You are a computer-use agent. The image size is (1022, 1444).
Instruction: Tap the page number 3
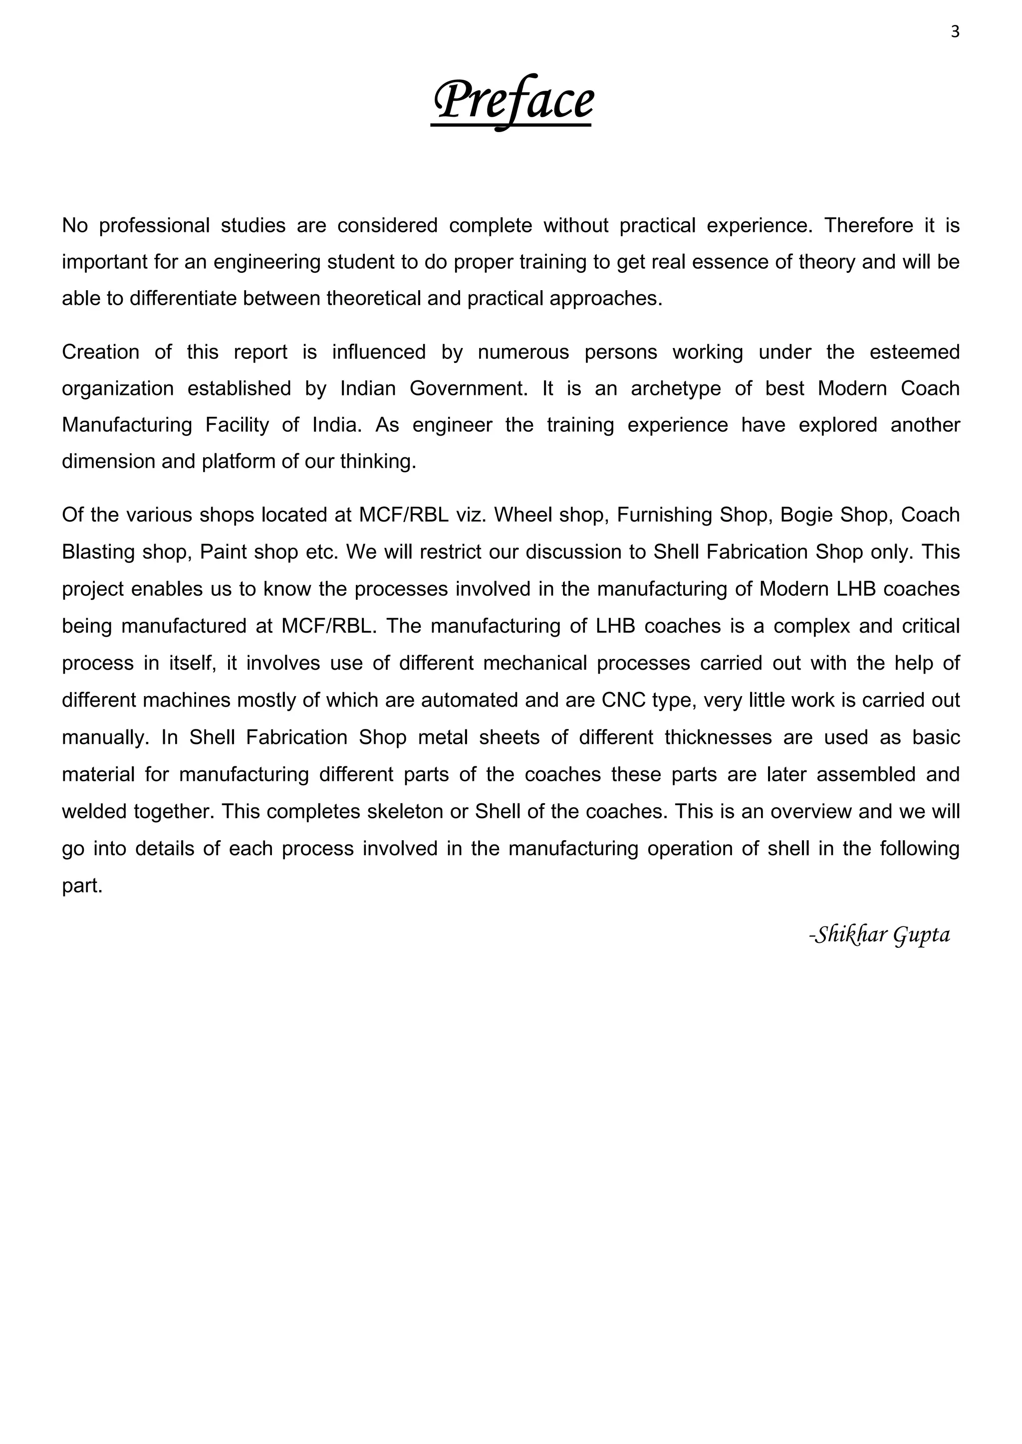pyautogui.click(x=955, y=32)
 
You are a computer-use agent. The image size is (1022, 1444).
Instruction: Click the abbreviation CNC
pyautogui.click(x=624, y=700)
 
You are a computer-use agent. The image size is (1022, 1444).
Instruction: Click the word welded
pyautogui.click(x=95, y=811)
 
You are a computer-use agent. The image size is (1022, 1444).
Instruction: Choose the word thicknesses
pyautogui.click(x=718, y=737)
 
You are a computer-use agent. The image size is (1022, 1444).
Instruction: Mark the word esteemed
pyautogui.click(x=914, y=352)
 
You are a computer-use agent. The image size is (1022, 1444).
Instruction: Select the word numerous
pyautogui.click(x=523, y=352)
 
